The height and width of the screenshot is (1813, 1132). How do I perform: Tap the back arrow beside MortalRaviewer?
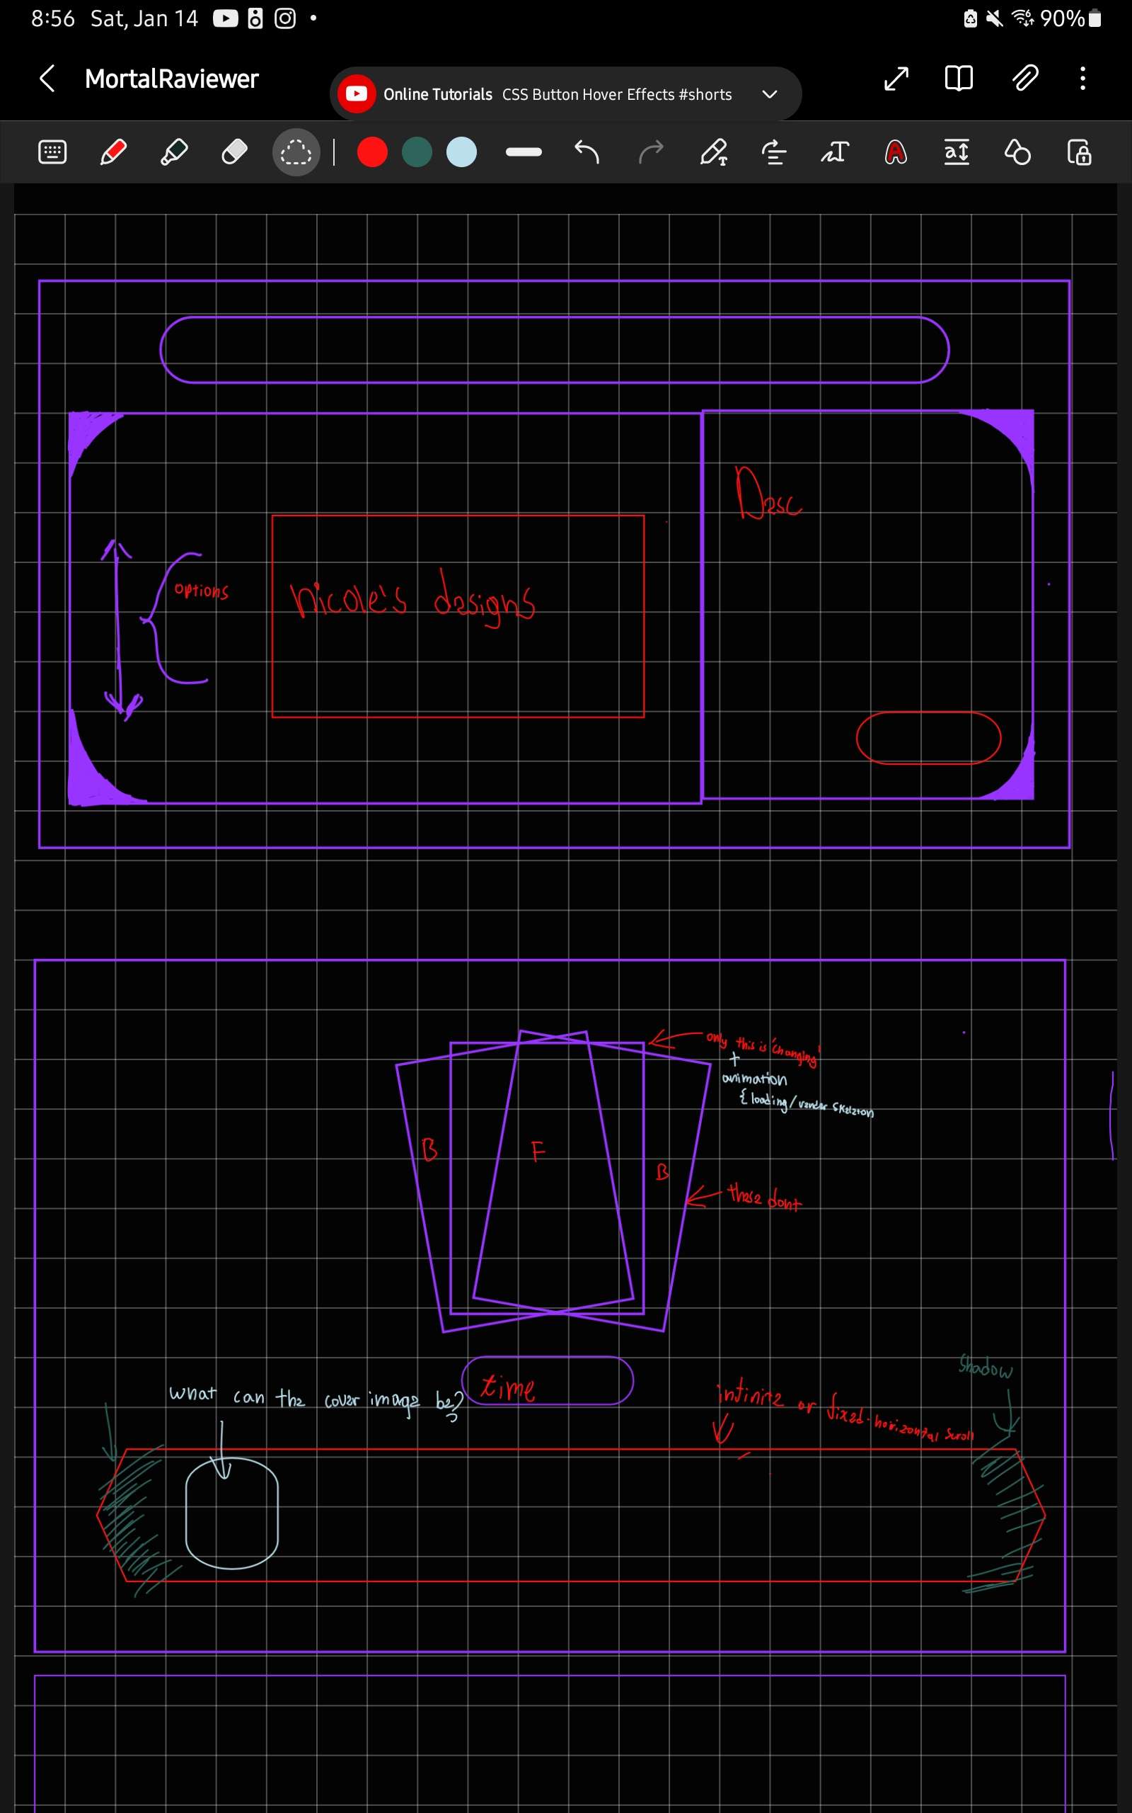point(47,78)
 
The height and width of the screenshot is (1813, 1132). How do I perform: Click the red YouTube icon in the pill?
point(357,93)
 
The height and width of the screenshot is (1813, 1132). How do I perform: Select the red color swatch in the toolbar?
point(372,152)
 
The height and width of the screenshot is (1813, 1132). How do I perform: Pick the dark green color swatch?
point(417,152)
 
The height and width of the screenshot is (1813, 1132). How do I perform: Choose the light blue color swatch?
point(461,152)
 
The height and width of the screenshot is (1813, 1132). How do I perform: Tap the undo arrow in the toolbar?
point(587,152)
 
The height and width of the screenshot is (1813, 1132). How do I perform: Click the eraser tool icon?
point(234,152)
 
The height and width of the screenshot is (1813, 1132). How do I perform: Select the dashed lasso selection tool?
point(296,152)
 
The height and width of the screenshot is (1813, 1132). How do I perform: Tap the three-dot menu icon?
point(1082,78)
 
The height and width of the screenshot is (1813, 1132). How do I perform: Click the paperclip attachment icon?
point(1025,78)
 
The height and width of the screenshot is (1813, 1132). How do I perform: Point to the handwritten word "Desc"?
point(768,494)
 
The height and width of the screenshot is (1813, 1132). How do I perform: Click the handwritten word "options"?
point(202,591)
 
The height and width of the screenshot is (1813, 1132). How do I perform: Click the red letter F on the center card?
point(538,1151)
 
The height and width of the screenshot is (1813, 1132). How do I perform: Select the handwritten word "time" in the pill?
point(507,1387)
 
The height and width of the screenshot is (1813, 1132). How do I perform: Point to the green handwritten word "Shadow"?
point(986,1368)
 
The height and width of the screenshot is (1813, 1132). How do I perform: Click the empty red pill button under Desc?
point(928,738)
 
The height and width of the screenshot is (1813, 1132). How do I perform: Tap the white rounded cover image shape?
point(232,1513)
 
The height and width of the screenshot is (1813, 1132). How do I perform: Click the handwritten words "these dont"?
point(764,1196)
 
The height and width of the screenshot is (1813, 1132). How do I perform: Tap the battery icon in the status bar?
point(1095,18)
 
